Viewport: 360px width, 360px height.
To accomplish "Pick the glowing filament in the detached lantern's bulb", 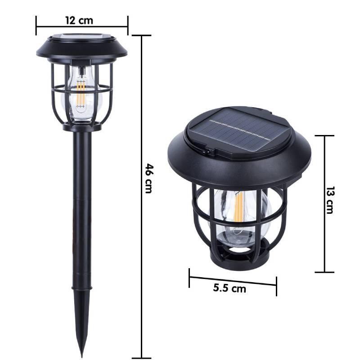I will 238,207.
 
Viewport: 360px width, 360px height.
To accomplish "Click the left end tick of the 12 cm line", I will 36,25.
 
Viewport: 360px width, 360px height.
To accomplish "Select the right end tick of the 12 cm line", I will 128,25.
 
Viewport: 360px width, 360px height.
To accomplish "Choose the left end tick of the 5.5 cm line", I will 189,275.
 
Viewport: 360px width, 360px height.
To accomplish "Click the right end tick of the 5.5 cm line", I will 276,284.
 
